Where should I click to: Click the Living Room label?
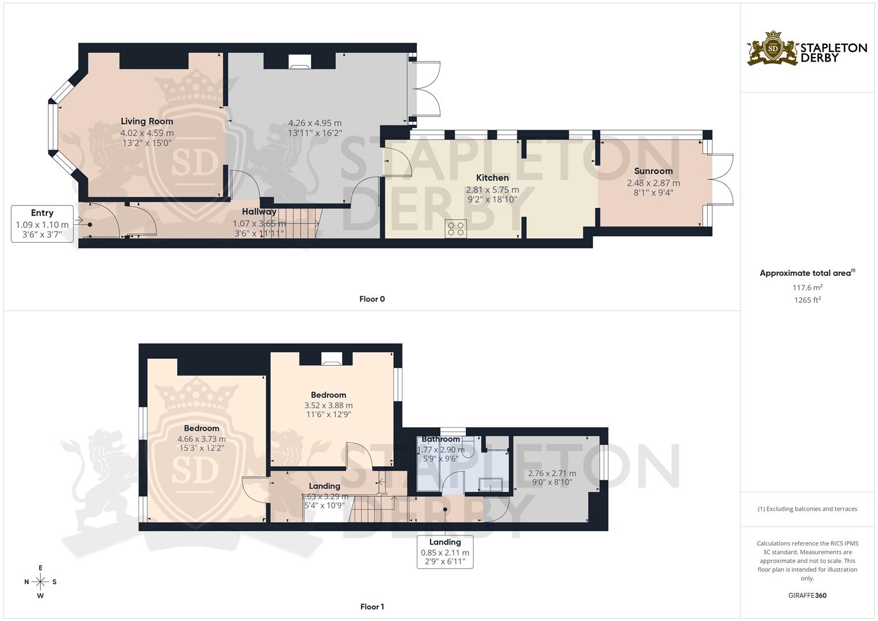(x=147, y=121)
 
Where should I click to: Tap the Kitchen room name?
(x=492, y=178)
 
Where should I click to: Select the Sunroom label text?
(x=653, y=171)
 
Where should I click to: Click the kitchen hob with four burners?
(x=457, y=228)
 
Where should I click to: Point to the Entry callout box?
(x=43, y=224)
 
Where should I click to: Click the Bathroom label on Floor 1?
(x=440, y=439)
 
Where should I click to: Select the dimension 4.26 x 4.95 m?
(x=315, y=123)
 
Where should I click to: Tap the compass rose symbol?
(x=40, y=582)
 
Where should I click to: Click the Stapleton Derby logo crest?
(x=773, y=48)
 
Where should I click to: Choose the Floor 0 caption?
(x=372, y=299)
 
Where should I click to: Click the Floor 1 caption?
(x=372, y=607)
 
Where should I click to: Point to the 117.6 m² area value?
(x=807, y=287)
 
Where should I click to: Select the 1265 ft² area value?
(x=807, y=300)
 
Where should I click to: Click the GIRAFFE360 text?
(x=807, y=596)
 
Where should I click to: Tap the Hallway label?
(x=259, y=212)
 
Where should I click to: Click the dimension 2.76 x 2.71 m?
(x=552, y=473)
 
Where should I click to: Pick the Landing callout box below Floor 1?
(x=445, y=552)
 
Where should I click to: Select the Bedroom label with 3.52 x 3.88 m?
(x=328, y=395)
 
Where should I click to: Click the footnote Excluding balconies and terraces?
(x=807, y=509)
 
